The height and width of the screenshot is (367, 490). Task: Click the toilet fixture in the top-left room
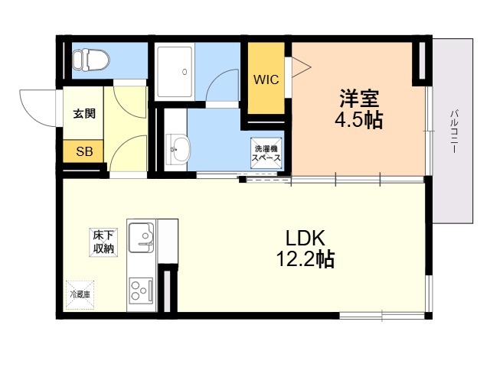(91, 60)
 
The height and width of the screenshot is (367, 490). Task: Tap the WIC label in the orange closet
(266, 80)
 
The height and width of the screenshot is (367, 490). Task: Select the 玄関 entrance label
(84, 113)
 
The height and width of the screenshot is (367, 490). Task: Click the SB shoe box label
(84, 151)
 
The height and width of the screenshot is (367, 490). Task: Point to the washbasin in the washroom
(178, 149)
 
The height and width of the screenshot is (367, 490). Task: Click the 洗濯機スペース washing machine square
(266, 153)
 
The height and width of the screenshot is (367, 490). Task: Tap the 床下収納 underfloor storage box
(103, 243)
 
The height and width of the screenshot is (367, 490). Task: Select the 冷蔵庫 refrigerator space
(80, 294)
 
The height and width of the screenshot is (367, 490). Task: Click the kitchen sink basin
(142, 237)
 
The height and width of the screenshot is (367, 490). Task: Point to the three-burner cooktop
(142, 291)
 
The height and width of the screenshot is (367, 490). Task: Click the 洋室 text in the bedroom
(359, 99)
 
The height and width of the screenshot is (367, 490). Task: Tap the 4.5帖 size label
(359, 119)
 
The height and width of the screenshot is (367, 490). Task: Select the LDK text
(305, 238)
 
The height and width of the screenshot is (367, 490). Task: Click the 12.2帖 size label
(305, 259)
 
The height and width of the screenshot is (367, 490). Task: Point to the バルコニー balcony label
(454, 131)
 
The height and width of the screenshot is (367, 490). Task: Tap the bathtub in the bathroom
(175, 73)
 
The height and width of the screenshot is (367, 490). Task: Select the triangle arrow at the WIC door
(301, 67)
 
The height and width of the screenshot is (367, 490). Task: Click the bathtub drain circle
(185, 72)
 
